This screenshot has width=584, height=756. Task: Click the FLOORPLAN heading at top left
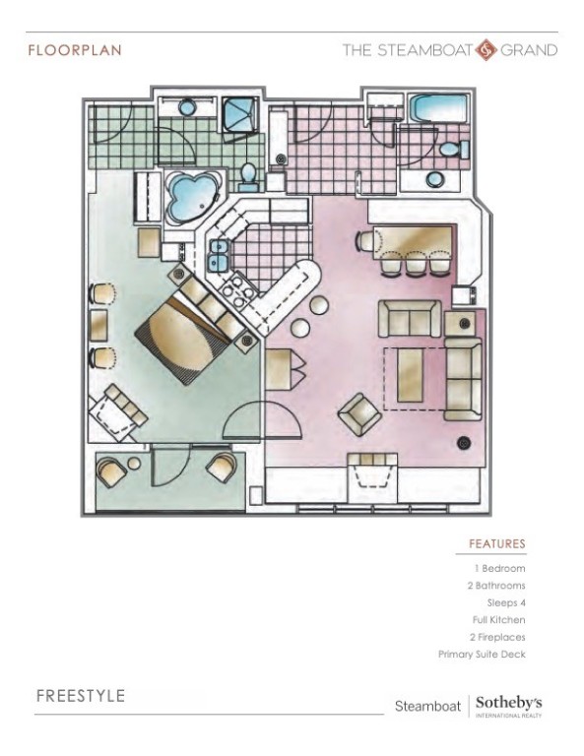[75, 50]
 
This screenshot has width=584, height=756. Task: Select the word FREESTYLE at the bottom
[81, 696]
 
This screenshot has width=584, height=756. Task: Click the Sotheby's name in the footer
[508, 703]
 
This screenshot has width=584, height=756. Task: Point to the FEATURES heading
[496, 543]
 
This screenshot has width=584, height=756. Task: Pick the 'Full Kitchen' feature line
[498, 620]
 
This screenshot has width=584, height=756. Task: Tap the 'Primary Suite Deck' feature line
[482, 654]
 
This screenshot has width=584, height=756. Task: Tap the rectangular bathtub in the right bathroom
[440, 107]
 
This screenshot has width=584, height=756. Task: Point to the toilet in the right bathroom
[452, 150]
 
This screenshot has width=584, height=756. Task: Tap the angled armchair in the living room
[359, 414]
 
